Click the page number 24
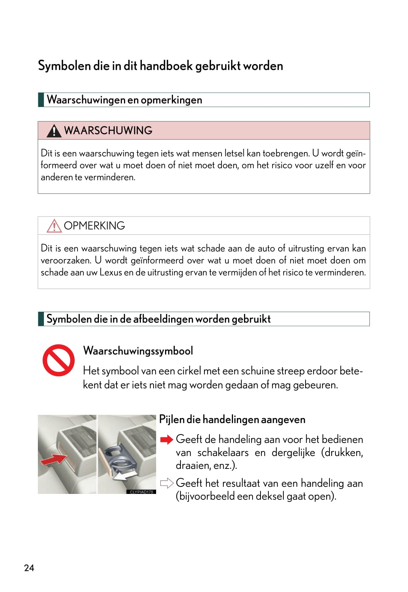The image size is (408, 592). click(29, 568)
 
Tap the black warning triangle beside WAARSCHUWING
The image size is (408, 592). click(54, 131)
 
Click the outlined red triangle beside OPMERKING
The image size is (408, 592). click(54, 226)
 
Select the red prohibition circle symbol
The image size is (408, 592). click(59, 360)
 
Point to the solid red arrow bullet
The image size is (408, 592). click(166, 440)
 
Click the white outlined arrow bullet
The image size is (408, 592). click(167, 483)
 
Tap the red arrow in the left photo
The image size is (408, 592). click(54, 460)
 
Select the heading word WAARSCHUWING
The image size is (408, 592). click(108, 130)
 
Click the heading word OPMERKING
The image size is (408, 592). click(94, 226)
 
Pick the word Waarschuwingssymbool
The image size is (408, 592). click(138, 351)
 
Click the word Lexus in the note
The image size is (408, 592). click(111, 272)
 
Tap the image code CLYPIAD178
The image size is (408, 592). click(141, 492)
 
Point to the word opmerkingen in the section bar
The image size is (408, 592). click(171, 100)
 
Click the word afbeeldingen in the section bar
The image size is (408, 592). click(163, 319)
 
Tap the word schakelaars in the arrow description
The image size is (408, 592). click(223, 453)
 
